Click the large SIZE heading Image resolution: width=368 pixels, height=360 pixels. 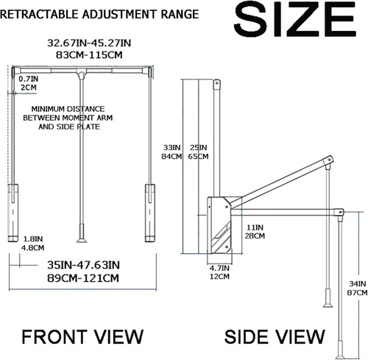(x=295, y=19)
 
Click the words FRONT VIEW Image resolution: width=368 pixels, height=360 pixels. (x=82, y=336)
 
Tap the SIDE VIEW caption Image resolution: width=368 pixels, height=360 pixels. (x=275, y=336)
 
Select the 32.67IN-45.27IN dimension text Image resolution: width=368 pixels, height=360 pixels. (x=89, y=43)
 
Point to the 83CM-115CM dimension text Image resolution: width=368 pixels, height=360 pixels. (x=89, y=54)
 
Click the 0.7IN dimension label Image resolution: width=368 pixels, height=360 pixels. (x=29, y=79)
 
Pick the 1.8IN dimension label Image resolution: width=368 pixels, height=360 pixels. (x=33, y=239)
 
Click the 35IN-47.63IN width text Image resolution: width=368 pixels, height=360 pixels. (x=83, y=265)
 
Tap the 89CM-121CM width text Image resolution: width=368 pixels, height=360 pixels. (x=83, y=278)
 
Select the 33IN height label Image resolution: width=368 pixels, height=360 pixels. (x=172, y=148)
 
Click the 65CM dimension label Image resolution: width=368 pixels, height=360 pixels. (x=198, y=156)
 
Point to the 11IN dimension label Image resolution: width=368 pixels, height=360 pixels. (x=255, y=227)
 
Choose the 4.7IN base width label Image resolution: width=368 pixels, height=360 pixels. (x=219, y=268)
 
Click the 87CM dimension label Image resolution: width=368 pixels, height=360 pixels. (x=357, y=292)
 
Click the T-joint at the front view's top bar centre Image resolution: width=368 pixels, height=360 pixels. (x=81, y=73)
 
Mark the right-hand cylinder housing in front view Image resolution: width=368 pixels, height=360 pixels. (x=150, y=213)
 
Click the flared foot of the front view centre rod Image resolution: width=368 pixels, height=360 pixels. (x=82, y=240)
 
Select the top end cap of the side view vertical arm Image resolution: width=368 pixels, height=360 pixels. (x=216, y=84)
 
